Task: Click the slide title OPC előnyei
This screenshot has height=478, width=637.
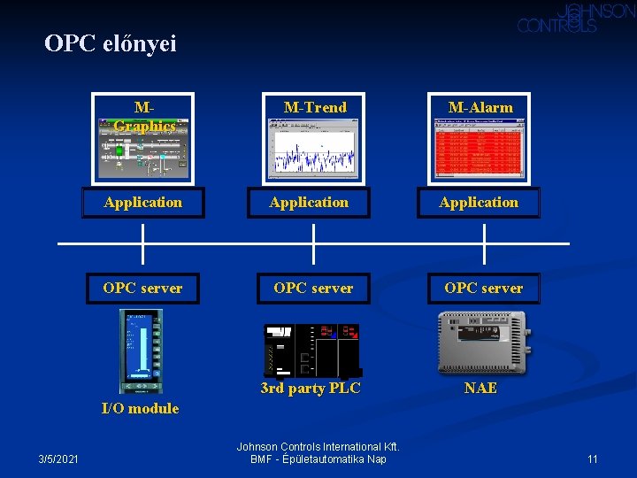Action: point(111,43)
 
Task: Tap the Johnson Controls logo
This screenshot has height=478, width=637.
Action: point(576,18)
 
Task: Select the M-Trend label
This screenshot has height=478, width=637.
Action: point(315,107)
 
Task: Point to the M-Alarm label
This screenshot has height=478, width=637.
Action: point(480,107)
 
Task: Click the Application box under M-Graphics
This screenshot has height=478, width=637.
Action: point(143,203)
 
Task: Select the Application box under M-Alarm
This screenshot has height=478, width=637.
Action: point(479,203)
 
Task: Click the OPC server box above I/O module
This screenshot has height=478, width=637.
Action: point(142,289)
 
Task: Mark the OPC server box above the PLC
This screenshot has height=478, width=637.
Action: point(313,289)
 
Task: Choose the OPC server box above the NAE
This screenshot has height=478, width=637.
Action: point(483,289)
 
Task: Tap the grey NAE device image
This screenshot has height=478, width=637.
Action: point(482,342)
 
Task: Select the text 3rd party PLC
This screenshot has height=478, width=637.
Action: point(311,388)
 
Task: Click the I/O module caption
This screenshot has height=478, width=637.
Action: point(140,408)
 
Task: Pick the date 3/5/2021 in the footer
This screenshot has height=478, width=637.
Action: point(58,459)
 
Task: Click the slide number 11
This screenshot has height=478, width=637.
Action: point(593,459)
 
